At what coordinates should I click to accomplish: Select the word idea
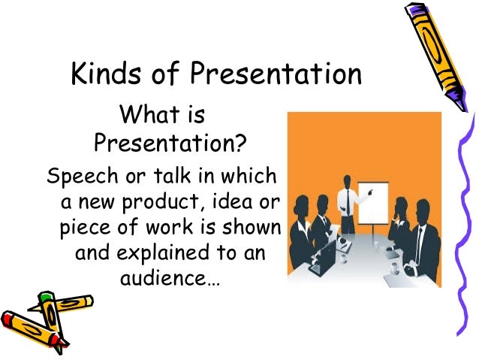(233, 203)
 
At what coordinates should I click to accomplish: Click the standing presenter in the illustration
(347, 197)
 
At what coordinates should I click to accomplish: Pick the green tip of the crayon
(47, 298)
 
